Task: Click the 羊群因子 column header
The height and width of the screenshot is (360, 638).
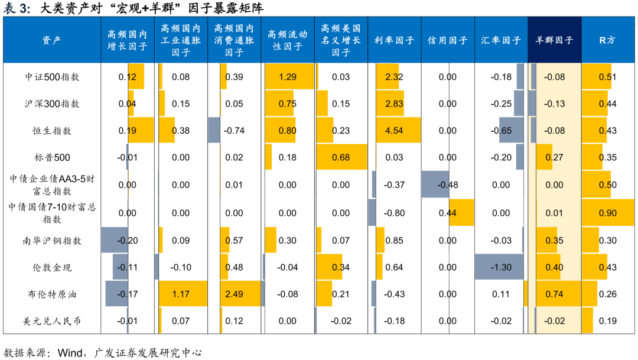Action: [x=554, y=40]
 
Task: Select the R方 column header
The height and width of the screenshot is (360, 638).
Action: [x=607, y=40]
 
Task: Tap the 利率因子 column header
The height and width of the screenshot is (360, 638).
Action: [x=394, y=40]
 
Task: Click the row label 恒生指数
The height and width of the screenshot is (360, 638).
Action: [x=52, y=131]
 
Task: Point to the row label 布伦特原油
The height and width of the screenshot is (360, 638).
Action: [x=52, y=294]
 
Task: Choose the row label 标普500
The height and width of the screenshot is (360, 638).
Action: [x=52, y=157]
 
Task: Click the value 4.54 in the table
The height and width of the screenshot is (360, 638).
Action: [x=394, y=131]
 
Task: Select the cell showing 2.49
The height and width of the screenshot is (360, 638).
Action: [x=234, y=294]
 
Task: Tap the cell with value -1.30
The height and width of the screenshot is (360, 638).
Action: [x=501, y=267]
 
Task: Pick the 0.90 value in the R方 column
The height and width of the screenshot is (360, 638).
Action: [x=607, y=213]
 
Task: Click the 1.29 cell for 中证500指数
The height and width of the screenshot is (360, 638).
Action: [x=288, y=77]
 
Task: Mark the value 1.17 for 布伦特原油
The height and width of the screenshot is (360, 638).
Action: [x=181, y=294]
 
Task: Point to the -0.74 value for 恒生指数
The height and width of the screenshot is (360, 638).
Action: [x=234, y=131]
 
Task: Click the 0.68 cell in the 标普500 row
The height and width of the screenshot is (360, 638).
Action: [x=341, y=157]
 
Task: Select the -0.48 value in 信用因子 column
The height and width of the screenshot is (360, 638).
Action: [x=448, y=185]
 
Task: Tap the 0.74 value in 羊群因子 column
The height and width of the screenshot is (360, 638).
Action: [x=554, y=294]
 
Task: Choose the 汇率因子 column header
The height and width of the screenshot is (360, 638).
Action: [x=501, y=40]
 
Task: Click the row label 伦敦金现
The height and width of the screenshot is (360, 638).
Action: [x=52, y=267]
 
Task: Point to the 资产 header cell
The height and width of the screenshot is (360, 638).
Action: [x=52, y=40]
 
